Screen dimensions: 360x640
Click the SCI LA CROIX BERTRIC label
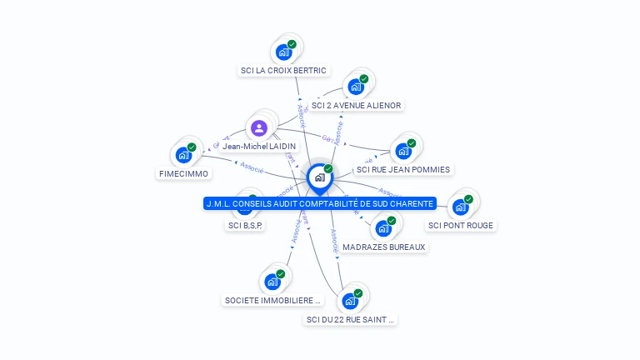pos(283,71)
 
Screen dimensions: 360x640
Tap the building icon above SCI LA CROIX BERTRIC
pos(284,52)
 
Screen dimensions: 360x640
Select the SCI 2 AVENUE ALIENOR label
pos(356,106)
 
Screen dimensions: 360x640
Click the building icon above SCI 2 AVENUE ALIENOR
pos(356,87)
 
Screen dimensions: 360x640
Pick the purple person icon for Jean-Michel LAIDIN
pos(259,128)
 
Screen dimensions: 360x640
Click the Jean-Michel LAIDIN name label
pos(259,147)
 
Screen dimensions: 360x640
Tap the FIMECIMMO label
pos(183,174)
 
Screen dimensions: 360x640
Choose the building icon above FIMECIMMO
pos(183,155)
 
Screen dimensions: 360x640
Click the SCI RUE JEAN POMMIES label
pos(403,170)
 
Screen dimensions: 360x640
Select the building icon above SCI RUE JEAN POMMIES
pos(403,152)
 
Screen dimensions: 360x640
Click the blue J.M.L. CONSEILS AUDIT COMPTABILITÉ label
pos(320,203)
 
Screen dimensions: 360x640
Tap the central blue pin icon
pos(319,177)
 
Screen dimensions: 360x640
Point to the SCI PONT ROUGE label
pos(461,225)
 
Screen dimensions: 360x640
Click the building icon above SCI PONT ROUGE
pos(461,207)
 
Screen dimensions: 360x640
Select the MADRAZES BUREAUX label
pos(384,247)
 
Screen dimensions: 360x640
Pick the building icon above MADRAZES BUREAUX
pos(383,228)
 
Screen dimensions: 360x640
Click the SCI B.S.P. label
pos(245,225)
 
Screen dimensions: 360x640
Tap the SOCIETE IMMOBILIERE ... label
pos(272,301)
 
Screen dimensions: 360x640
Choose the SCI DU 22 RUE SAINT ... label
pos(350,319)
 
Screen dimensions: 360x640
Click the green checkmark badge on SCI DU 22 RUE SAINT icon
pos(358,293)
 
